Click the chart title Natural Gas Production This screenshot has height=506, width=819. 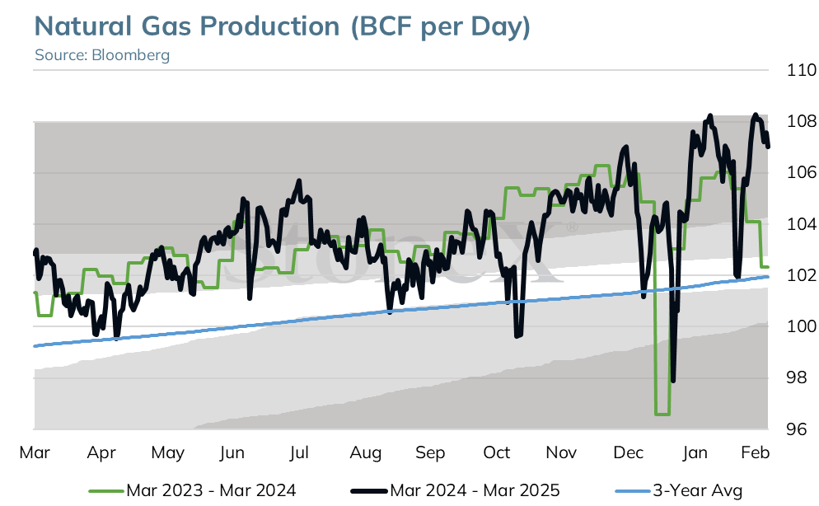[x=187, y=26]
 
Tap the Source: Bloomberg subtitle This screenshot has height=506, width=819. [x=102, y=55]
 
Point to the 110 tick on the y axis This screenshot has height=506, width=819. [x=802, y=70]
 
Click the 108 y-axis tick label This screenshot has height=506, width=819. [x=802, y=121]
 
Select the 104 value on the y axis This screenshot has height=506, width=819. [x=802, y=224]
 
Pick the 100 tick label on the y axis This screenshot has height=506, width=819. [x=802, y=326]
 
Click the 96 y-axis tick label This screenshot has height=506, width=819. [x=797, y=429]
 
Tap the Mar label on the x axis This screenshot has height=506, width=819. [x=35, y=452]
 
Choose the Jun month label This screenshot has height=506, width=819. [x=232, y=452]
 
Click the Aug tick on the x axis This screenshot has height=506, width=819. [x=366, y=452]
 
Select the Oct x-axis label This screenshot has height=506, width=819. [x=496, y=452]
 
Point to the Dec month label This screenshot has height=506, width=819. [x=629, y=452]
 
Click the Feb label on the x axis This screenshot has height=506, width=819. [x=756, y=452]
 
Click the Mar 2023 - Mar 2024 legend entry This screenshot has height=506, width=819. [x=192, y=491]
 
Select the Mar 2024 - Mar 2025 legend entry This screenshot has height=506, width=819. [x=455, y=491]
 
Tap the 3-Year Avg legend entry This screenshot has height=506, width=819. [x=679, y=491]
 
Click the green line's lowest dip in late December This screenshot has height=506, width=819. [x=662, y=414]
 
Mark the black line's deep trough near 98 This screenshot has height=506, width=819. [x=672, y=381]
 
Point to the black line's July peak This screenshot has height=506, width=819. [x=299, y=180]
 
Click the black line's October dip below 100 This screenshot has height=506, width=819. [x=518, y=335]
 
